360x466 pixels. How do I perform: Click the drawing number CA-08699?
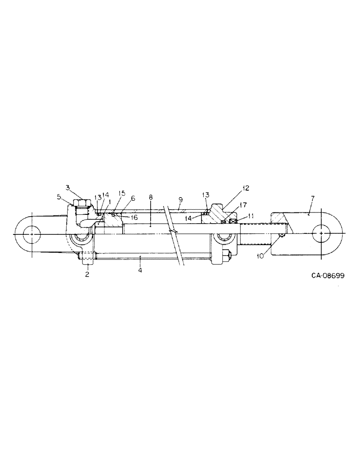(328, 275)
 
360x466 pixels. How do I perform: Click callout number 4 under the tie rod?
(140, 269)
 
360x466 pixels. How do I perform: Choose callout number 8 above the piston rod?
(150, 198)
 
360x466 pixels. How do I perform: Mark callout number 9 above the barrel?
(180, 199)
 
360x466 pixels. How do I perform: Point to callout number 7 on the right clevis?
(312, 198)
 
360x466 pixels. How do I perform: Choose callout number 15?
(122, 193)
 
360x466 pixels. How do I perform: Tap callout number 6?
(133, 198)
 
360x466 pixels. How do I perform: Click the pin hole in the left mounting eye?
(31, 233)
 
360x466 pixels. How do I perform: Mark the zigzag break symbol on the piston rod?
(173, 231)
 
